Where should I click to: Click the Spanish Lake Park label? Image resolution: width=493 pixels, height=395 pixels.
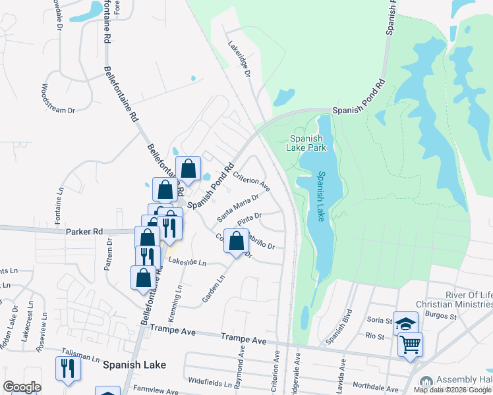[307, 143]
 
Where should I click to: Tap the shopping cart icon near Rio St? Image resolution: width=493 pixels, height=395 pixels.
[410, 344]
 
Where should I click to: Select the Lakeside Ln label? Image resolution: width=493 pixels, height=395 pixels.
[187, 262]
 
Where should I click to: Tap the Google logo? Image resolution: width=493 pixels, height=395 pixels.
[22, 387]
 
